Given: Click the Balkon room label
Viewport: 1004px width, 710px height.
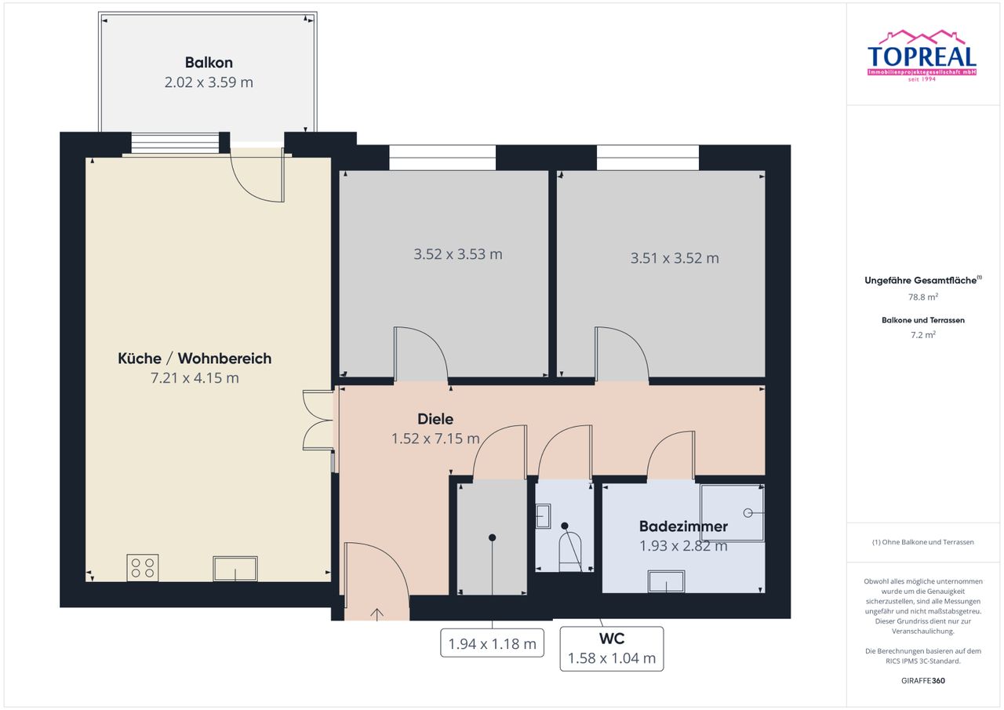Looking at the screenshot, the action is click(x=209, y=62).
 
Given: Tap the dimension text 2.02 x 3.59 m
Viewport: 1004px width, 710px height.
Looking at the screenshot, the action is click(x=209, y=82).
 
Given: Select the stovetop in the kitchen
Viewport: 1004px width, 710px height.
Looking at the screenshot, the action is click(x=143, y=568).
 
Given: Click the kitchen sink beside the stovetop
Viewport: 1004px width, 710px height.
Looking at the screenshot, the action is click(x=235, y=569).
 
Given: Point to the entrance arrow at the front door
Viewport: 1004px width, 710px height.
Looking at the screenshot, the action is click(x=377, y=614).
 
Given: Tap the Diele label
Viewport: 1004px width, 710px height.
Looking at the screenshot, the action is click(x=435, y=419).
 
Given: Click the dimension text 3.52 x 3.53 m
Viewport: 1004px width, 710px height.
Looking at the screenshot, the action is click(x=457, y=255).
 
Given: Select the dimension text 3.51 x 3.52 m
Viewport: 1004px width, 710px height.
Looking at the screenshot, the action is click(x=675, y=258).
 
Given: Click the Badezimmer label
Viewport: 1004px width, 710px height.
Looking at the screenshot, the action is click(x=683, y=526).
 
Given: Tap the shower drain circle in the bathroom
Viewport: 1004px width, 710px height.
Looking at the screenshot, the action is click(x=748, y=513).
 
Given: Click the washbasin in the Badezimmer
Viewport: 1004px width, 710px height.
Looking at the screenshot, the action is click(x=667, y=581).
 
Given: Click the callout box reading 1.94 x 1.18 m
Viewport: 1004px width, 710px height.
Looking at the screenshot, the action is click(x=492, y=643).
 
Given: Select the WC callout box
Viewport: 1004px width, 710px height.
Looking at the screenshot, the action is click(x=612, y=649).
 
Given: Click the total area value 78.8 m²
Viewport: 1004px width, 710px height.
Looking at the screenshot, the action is click(x=923, y=297).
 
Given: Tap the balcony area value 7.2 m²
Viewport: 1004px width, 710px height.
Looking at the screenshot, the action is click(x=923, y=335).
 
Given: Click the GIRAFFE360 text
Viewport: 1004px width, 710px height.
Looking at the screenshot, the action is click(x=923, y=680).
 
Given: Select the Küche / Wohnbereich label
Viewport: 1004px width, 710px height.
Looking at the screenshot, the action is click(x=195, y=359).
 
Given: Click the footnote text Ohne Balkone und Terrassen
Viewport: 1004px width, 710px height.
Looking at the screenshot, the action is click(x=928, y=542).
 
